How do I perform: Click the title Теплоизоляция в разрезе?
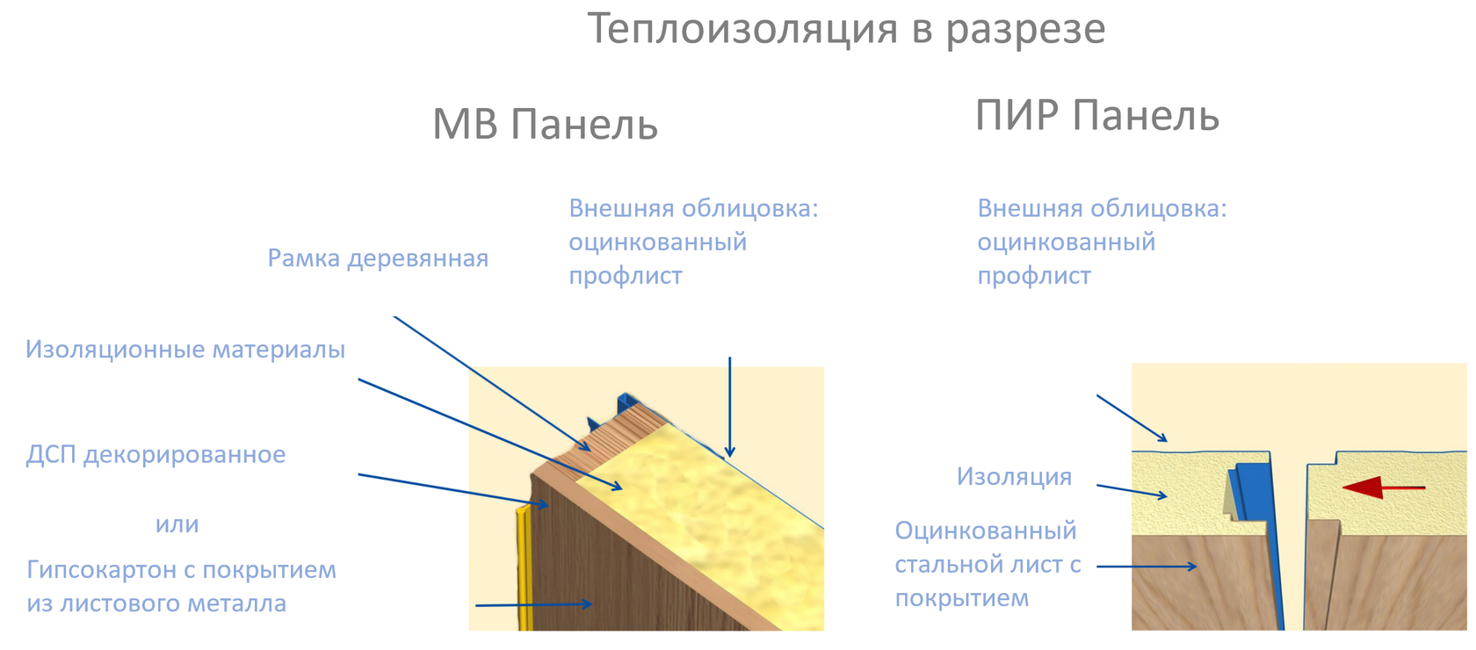tap(845, 28)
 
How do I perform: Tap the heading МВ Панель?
tap(545, 124)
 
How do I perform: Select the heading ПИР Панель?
tap(1096, 116)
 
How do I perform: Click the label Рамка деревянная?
tap(378, 258)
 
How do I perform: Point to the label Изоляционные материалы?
tap(185, 350)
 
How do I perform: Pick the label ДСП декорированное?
tap(156, 455)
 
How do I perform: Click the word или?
tap(177, 524)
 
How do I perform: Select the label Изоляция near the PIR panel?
tap(1014, 477)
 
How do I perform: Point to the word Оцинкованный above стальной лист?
tap(985, 531)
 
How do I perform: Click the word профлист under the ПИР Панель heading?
tap(1034, 276)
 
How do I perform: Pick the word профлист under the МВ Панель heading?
tap(625, 276)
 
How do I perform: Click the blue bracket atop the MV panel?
tap(626, 404)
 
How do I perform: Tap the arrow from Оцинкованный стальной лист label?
tap(1147, 567)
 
